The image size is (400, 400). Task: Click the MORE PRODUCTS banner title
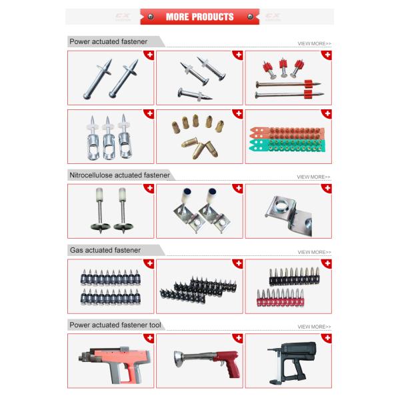pos(200,17)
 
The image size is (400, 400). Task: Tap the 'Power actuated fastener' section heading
pos(109,41)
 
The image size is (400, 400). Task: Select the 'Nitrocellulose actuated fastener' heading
pos(119,175)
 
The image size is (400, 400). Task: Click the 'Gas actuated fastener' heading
pos(105,250)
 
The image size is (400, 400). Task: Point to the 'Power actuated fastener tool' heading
pos(115,325)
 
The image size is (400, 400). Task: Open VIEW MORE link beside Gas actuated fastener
pos(314,252)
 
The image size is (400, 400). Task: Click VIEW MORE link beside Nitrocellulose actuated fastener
pos(313,177)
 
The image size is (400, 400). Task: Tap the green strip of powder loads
pos(287,145)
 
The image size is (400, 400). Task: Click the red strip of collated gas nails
pos(280,298)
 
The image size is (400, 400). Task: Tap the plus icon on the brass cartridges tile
pos(238,114)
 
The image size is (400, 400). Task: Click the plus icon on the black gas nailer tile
pos(327,338)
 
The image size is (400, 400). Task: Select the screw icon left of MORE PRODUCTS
pos(151,17)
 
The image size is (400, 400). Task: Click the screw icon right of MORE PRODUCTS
pos(250,17)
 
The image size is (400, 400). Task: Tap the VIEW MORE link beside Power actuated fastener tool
pos(314,327)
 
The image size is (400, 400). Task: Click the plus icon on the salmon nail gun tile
pos(149,338)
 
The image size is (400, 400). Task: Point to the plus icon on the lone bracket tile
pos(327,189)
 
